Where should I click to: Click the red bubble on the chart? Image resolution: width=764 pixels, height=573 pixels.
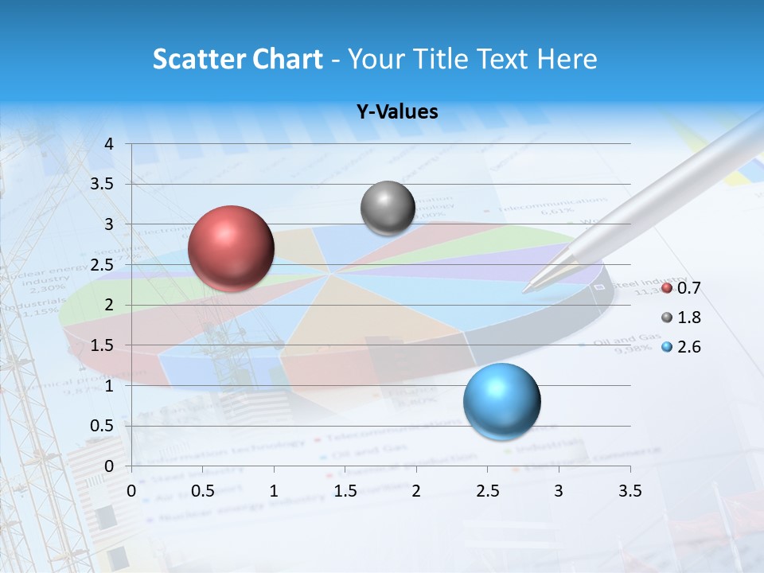pos(231,248)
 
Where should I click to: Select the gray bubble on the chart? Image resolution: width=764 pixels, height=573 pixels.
pos(388,209)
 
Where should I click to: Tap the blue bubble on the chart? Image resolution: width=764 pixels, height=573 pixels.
pos(501,401)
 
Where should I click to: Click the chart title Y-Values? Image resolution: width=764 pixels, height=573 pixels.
pos(397,112)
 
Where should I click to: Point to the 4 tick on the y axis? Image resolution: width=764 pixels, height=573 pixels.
pos(110,144)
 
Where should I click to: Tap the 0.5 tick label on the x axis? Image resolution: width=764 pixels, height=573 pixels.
pos(203,490)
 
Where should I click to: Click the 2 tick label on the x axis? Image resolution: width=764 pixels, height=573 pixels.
pos(416,490)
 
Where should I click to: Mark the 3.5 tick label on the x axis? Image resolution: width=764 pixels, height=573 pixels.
pos(630,490)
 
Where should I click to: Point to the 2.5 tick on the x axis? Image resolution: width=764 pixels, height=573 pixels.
pos(487,490)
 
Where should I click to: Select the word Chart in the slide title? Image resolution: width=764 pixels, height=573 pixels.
pos(288,59)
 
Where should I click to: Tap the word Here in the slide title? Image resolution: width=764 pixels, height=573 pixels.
pos(566,59)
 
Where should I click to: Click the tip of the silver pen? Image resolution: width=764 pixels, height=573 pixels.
pos(524,291)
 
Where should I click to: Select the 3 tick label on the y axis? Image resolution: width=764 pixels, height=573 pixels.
pos(110,224)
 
